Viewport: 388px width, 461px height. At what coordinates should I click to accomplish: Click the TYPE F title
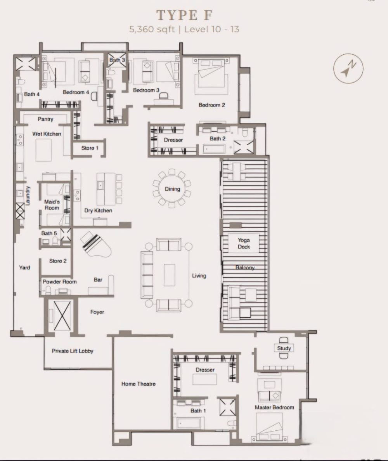click(x=184, y=15)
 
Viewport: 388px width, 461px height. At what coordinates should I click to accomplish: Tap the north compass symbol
click(x=348, y=68)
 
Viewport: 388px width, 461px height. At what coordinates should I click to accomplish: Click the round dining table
click(x=172, y=189)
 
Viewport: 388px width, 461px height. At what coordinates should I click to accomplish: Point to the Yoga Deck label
click(x=244, y=244)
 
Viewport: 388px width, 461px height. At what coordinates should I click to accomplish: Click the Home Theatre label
click(x=139, y=384)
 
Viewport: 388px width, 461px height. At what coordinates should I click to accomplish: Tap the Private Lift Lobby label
click(x=73, y=351)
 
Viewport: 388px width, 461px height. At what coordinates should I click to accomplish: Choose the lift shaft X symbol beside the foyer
click(x=62, y=315)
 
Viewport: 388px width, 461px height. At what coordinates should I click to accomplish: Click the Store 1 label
click(x=90, y=148)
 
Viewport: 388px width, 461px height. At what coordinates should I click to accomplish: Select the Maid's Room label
click(x=52, y=205)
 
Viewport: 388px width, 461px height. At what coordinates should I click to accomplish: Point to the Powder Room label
click(x=60, y=282)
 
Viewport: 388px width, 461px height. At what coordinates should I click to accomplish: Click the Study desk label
click(x=284, y=348)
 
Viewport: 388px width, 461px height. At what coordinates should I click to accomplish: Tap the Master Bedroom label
click(x=274, y=407)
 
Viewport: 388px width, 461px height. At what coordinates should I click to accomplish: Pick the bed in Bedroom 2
click(x=211, y=73)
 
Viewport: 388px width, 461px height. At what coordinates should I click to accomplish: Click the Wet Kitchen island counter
click(x=43, y=150)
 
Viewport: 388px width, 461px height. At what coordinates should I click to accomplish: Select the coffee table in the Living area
click(x=169, y=275)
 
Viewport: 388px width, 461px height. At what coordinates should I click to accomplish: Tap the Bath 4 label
click(x=32, y=94)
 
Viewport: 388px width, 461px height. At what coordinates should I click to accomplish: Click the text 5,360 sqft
click(x=152, y=30)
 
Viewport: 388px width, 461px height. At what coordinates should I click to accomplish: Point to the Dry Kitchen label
click(x=98, y=210)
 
